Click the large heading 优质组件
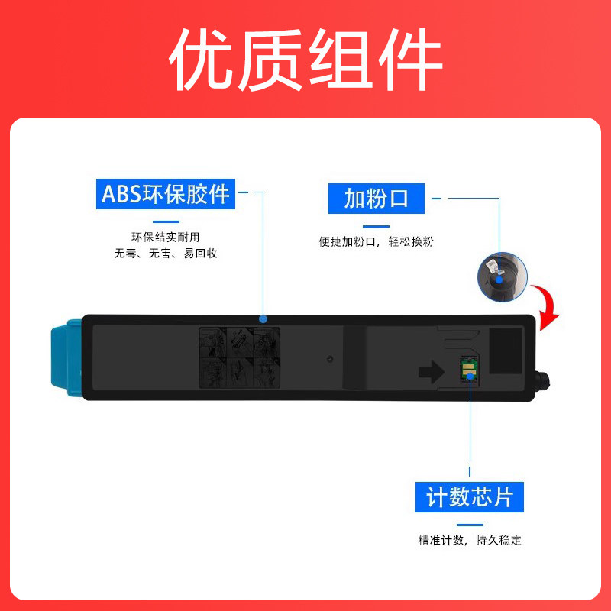click(305, 61)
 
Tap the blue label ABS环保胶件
click(166, 195)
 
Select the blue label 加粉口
click(376, 199)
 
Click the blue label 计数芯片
click(470, 497)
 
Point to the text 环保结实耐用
click(166, 238)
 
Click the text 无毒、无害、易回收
click(166, 253)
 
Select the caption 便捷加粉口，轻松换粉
click(377, 241)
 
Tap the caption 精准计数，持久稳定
click(470, 540)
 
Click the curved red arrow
click(545, 305)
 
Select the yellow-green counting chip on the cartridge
click(467, 370)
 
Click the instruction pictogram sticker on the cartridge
click(239, 357)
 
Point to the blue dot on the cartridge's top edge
click(263, 318)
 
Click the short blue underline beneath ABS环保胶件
click(166, 222)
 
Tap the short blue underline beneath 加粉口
click(376, 225)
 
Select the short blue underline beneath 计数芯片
click(470, 525)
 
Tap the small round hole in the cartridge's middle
click(330, 357)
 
